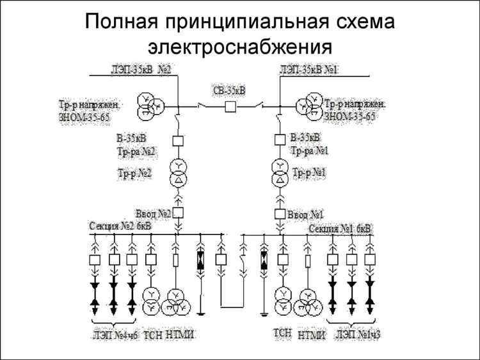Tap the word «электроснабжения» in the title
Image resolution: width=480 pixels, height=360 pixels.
240,47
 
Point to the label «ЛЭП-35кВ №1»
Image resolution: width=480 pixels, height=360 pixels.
309,69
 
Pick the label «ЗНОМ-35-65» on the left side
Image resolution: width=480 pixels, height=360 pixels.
85,117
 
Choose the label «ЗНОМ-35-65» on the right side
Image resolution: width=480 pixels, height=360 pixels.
349,117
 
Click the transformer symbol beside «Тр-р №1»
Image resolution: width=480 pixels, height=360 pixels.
280,174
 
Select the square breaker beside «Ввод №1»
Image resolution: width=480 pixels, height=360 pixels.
280,213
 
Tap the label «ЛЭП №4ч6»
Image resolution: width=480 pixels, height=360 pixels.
115,334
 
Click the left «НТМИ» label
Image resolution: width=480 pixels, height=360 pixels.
180,334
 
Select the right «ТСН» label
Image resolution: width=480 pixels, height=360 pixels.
282,332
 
